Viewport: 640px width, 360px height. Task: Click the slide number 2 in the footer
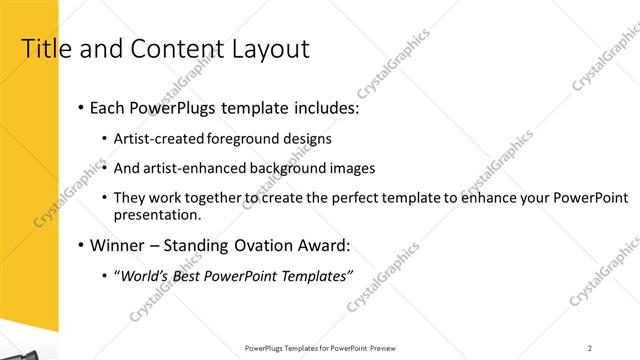[x=590, y=348]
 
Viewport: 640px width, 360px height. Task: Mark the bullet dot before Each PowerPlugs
[x=79, y=108]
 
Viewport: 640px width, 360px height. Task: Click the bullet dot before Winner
[x=79, y=245]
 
